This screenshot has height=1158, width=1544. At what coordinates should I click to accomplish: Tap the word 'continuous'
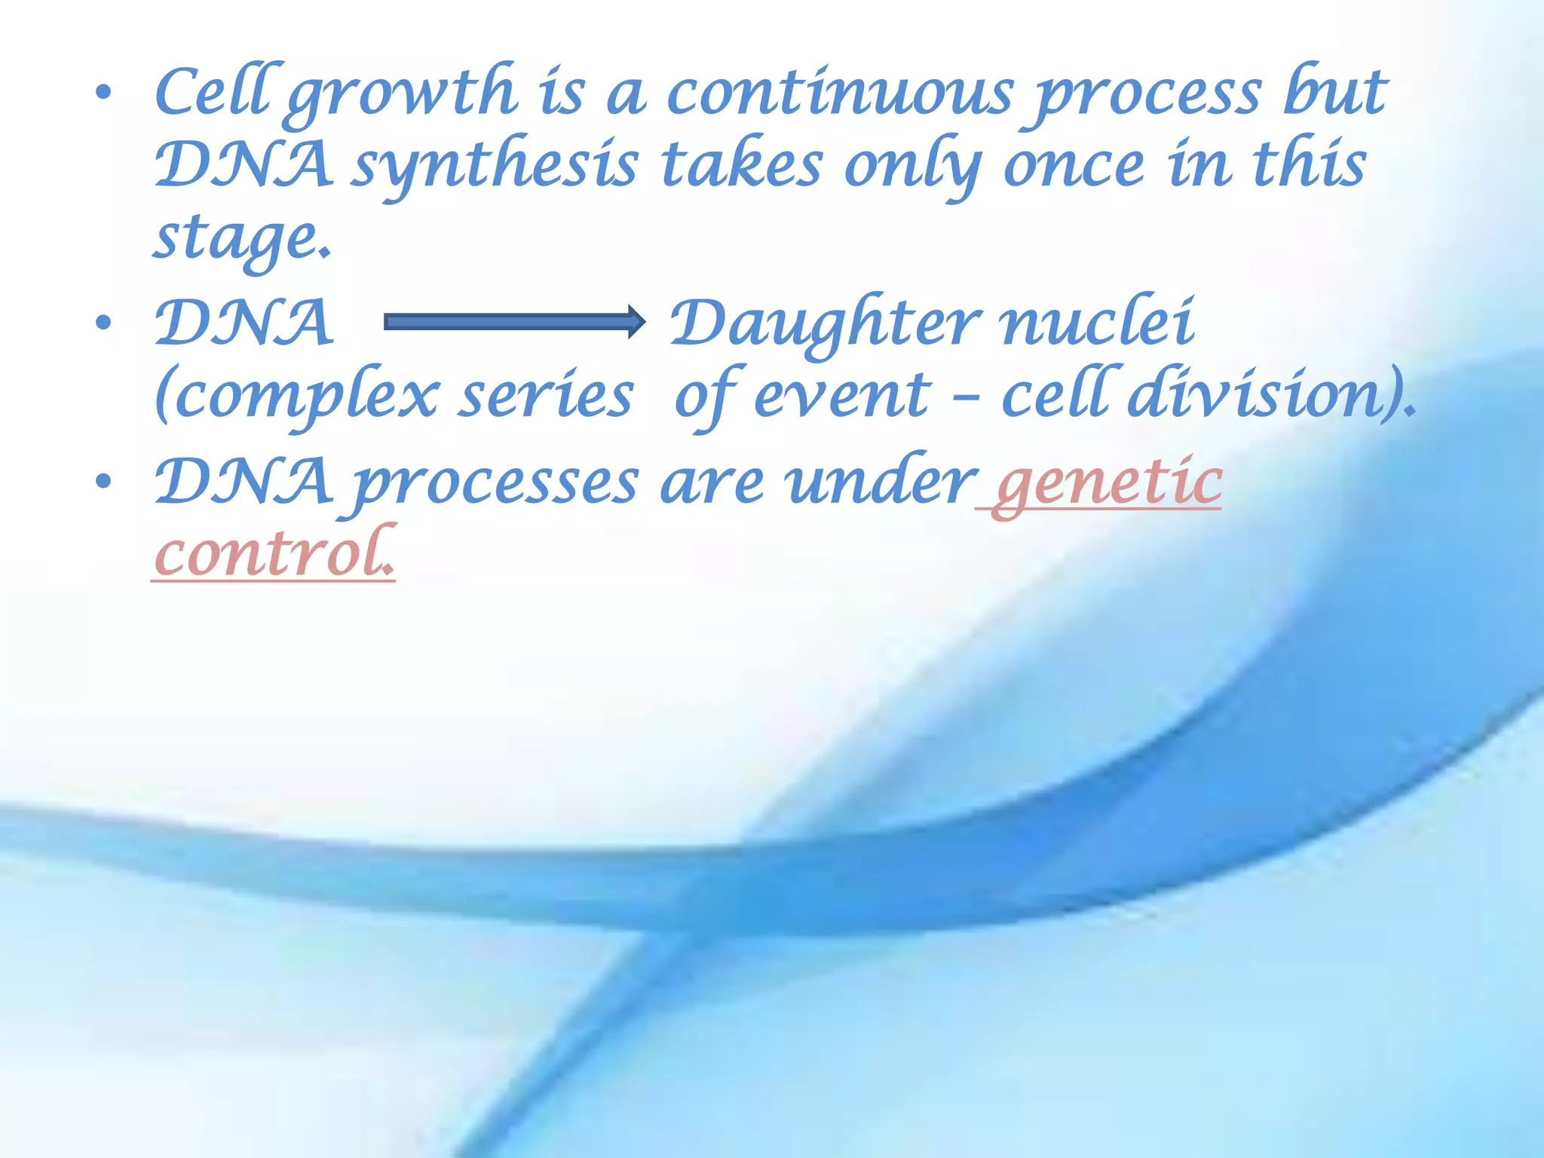tap(840, 93)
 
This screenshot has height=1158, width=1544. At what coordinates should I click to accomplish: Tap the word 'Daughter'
tap(826, 323)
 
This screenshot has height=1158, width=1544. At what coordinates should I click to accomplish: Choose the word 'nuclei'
tap(1097, 323)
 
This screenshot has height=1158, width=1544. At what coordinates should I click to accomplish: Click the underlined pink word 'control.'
tap(274, 554)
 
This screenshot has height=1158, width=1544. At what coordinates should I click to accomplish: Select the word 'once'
tap(1074, 166)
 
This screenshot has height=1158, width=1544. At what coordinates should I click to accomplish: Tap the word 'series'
tap(547, 397)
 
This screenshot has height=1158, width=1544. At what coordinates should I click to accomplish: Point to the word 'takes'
tap(742, 166)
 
